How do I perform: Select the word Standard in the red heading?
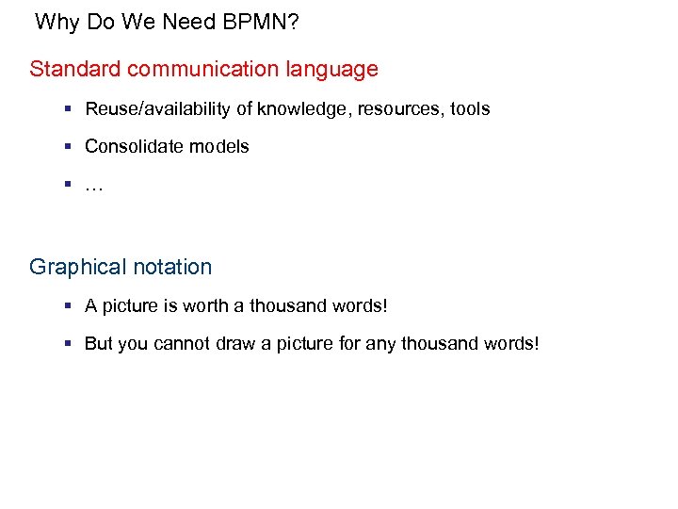[74, 69]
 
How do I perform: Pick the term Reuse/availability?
[158, 109]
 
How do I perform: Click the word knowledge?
[294, 109]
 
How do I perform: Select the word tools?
[470, 108]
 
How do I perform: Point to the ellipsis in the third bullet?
[93, 187]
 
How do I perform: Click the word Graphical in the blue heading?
[73, 268]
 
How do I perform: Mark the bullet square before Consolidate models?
[69, 146]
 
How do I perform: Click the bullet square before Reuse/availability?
[69, 108]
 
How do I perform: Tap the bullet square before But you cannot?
[69, 343]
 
